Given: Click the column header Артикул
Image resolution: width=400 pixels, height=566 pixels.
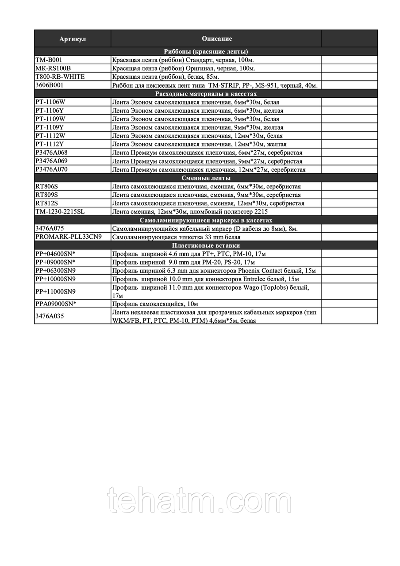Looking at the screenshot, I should (73, 39).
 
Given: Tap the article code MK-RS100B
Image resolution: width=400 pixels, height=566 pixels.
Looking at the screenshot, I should (53, 68).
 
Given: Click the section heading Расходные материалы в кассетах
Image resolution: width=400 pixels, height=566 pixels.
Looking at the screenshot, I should (206, 94).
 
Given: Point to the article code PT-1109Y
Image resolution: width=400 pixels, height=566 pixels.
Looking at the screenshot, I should (50, 127).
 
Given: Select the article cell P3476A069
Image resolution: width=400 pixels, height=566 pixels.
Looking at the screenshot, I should (51, 161).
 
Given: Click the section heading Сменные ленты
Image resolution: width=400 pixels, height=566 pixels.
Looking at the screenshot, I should (206, 178).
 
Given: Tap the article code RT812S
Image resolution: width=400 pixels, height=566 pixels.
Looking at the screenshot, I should (46, 203).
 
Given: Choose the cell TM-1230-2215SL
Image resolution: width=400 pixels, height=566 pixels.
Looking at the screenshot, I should (60, 212).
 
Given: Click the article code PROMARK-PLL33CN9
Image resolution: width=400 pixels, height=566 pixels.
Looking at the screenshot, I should (69, 237).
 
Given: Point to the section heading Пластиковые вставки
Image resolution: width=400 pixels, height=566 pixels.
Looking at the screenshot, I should (206, 245).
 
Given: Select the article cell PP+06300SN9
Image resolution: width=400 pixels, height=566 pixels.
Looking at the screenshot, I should (55, 271).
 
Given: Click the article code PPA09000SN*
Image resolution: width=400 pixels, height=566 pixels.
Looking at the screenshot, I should (56, 304).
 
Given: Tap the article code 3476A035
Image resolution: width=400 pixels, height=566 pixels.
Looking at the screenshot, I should (49, 317).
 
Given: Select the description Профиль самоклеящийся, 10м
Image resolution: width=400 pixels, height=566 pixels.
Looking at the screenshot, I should (155, 304).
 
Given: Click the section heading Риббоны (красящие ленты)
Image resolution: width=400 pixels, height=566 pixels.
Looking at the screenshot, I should (206, 51).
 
